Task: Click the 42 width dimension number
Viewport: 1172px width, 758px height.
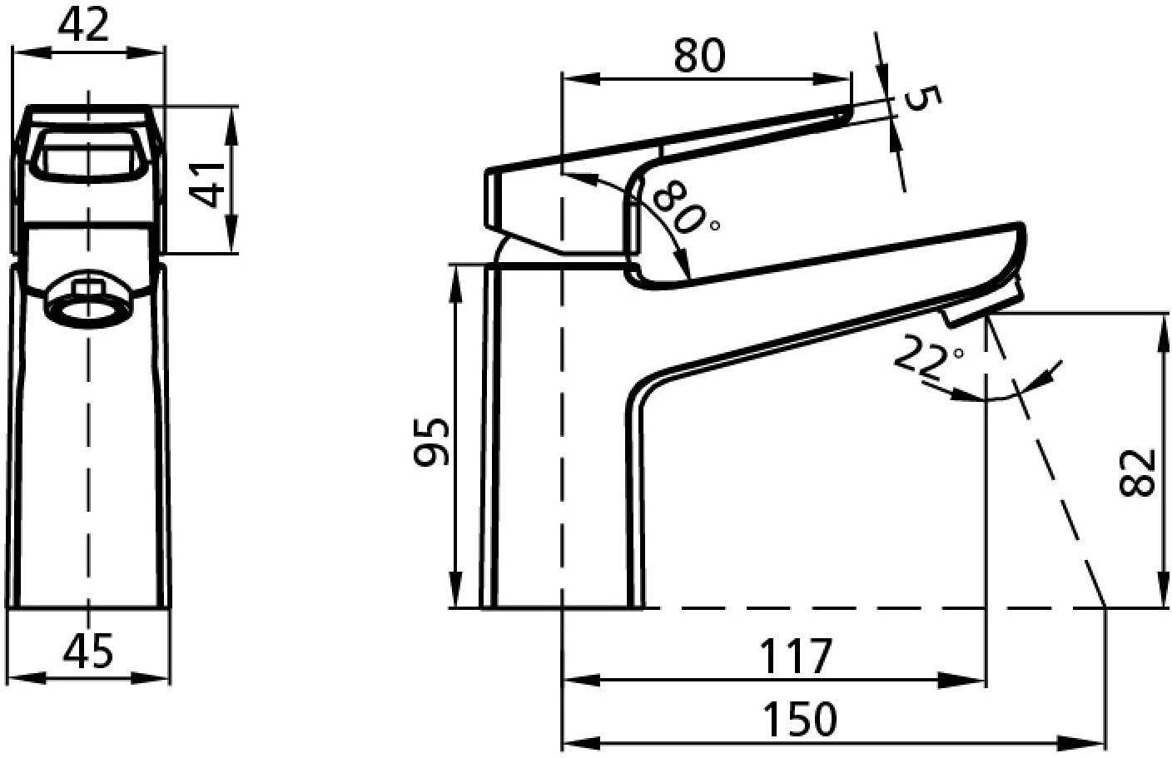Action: coord(84,25)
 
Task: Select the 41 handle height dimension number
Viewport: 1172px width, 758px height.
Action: coord(207,184)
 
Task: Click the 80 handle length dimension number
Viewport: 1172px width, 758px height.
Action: coord(700,55)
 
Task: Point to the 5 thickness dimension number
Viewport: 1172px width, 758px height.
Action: coord(923,98)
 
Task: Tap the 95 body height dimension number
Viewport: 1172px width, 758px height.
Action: coord(431,442)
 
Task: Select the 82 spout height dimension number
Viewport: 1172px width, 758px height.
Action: coord(1137,472)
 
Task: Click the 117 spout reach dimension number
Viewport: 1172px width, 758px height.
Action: coord(795,656)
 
